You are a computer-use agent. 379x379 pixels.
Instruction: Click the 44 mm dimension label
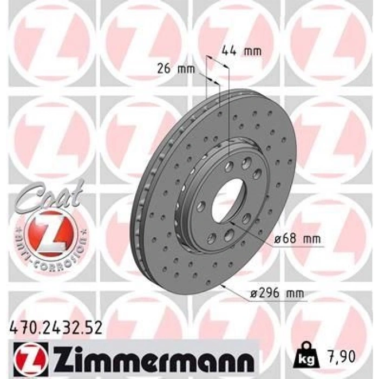click(241, 51)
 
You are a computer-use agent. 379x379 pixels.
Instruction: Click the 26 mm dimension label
click(176, 69)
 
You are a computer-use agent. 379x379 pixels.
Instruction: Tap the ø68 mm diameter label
click(298, 239)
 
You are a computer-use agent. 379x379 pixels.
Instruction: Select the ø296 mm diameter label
click(277, 293)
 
